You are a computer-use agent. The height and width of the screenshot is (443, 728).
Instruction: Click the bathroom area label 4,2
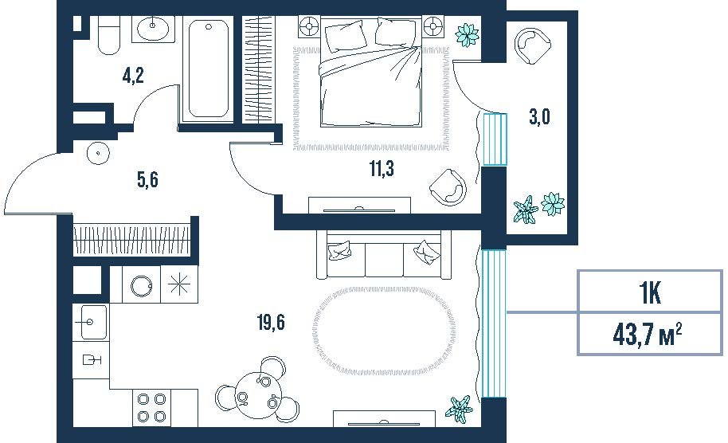click(x=133, y=75)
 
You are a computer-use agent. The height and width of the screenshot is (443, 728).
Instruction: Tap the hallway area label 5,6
click(x=147, y=179)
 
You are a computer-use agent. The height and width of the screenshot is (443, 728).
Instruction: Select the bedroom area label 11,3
click(x=382, y=168)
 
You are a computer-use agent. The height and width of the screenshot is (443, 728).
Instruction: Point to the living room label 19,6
click(x=271, y=322)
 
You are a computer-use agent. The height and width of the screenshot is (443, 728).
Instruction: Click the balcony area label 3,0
click(x=539, y=116)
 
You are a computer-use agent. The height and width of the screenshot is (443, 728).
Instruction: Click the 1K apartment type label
click(x=649, y=292)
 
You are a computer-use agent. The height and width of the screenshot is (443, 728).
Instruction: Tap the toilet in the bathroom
click(x=109, y=35)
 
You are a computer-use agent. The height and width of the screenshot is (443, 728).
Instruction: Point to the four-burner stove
click(x=152, y=408)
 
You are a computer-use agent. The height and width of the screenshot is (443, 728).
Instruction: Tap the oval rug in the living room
click(x=385, y=331)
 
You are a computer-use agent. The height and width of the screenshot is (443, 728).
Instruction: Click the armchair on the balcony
click(x=532, y=45)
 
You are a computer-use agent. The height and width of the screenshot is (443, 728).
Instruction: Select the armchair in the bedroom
click(x=448, y=187)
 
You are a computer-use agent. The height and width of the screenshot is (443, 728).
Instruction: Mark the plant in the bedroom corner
click(x=467, y=35)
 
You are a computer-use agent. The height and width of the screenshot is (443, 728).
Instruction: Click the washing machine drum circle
click(x=141, y=285)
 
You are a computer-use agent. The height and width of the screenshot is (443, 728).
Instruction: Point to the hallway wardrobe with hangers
click(x=132, y=240)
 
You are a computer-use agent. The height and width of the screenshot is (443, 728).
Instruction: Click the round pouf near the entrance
click(x=98, y=152)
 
